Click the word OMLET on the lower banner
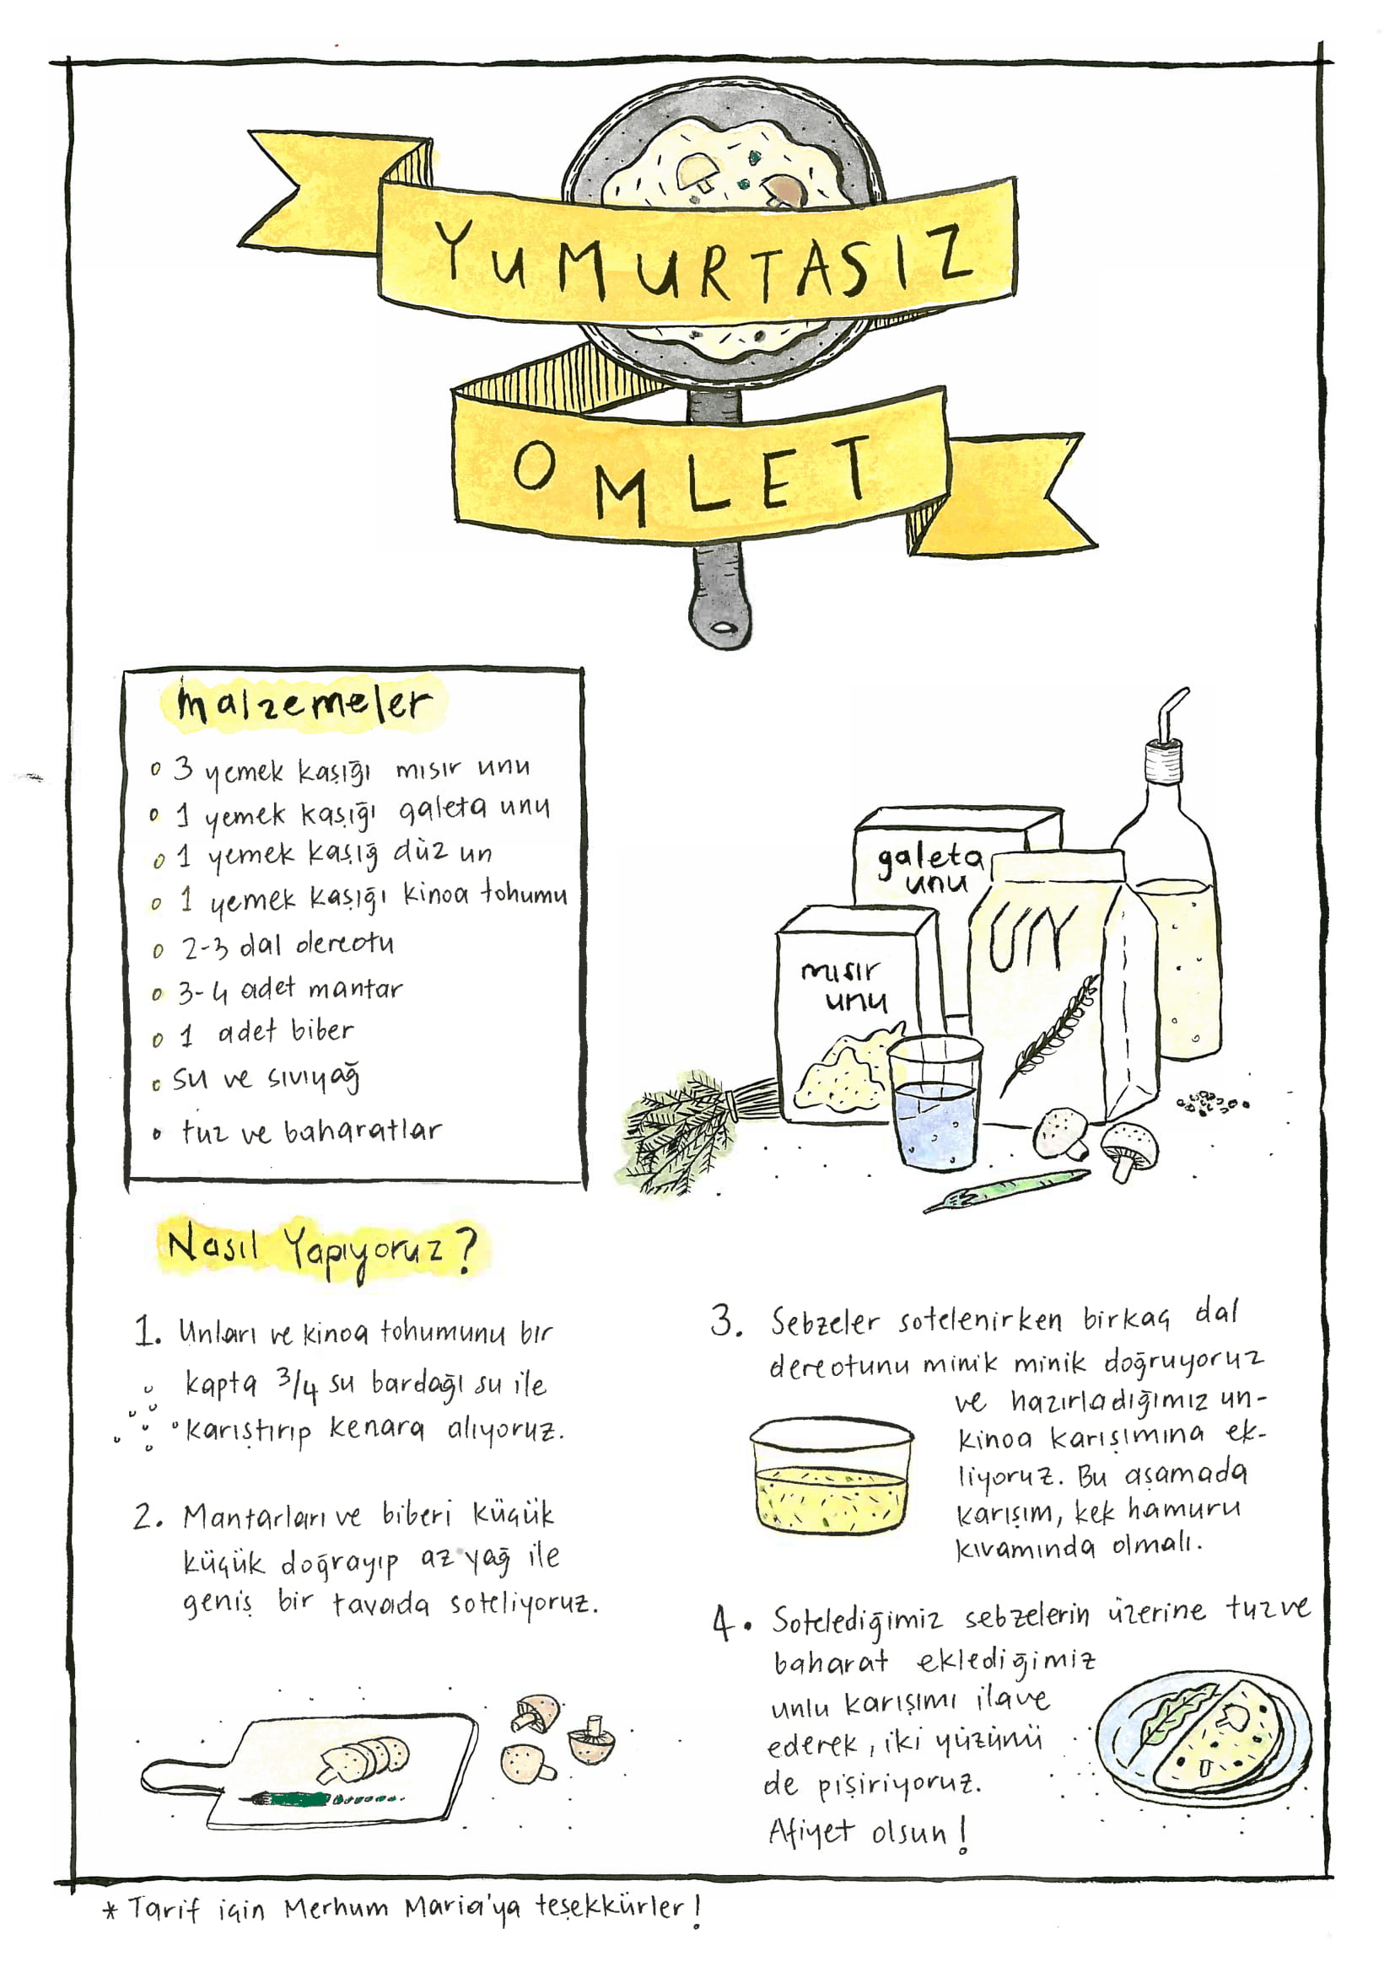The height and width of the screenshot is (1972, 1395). coord(692,478)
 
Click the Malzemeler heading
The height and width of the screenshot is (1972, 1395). coord(303,702)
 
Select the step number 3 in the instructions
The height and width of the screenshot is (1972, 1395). coord(725,1321)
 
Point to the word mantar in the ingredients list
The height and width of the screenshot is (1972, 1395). coord(356,990)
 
